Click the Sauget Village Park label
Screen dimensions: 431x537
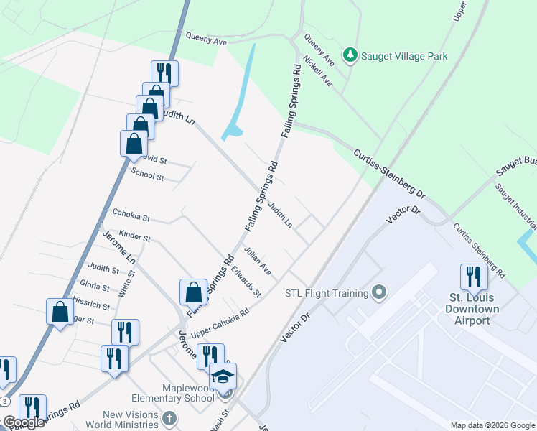pos(404,56)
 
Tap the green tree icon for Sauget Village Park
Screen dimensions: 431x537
pos(350,55)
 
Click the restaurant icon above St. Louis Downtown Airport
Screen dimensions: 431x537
pos(474,277)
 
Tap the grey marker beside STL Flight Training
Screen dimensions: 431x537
pos(380,292)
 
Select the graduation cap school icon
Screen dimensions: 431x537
pos(223,376)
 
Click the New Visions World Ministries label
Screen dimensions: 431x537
pos(129,420)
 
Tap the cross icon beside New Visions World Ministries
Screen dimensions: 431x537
pos(169,418)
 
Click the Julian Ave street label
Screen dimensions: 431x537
pos(257,261)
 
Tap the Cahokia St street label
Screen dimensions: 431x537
pos(131,215)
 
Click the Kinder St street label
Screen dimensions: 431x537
pos(135,236)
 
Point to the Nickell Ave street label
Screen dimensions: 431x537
pos(317,72)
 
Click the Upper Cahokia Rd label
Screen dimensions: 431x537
pos(220,323)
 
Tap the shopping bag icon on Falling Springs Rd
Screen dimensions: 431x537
pos(193,292)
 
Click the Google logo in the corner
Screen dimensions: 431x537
pos(24,422)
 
